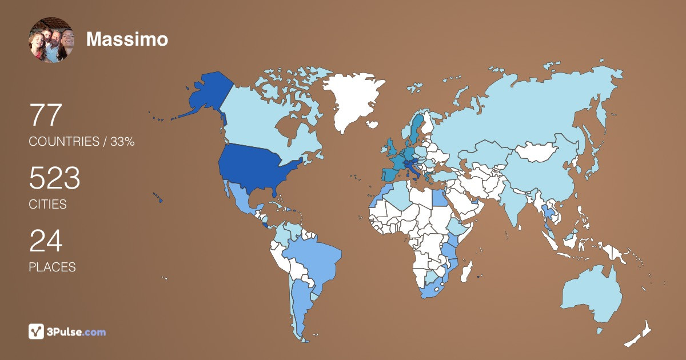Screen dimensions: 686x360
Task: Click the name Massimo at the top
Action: [x=127, y=39]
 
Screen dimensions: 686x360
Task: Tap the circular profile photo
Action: [x=51, y=39]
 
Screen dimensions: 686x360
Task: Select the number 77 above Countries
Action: [x=45, y=115]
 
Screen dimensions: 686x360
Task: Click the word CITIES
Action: [x=48, y=204]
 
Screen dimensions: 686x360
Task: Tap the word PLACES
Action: [x=52, y=267]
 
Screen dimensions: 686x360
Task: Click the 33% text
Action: [x=122, y=142]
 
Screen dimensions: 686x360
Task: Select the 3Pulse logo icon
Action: [x=37, y=331]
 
